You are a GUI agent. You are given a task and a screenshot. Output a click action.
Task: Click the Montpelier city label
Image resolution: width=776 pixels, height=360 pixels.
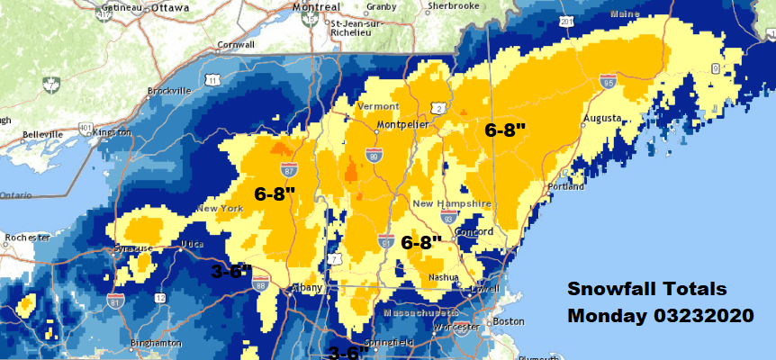(401, 124)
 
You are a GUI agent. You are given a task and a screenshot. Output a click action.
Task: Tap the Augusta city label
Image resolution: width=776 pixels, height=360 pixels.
(602, 118)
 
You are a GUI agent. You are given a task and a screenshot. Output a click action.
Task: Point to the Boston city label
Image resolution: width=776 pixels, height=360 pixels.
(509, 321)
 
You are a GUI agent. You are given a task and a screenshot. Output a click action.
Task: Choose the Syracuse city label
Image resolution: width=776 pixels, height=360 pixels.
(131, 247)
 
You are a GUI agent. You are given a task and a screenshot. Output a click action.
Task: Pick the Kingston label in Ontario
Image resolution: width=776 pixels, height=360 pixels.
(112, 132)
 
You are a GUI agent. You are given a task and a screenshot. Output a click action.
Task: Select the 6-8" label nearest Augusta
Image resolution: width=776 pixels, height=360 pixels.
(505, 130)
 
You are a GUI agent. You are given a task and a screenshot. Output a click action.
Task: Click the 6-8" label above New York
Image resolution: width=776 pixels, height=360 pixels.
(275, 193)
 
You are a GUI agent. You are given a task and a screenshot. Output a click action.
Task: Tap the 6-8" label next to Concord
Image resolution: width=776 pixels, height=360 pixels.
(421, 242)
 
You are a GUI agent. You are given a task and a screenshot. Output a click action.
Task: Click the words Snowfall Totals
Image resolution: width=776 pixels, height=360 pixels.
(645, 290)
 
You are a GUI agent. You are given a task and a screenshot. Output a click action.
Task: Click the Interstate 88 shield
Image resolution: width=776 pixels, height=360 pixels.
(261, 281)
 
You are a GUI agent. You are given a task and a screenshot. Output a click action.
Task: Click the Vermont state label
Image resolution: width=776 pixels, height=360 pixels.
(378, 106)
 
